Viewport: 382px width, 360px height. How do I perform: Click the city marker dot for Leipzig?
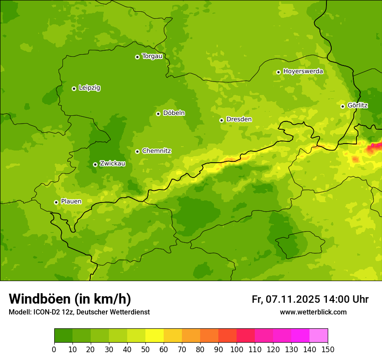[x=74, y=88]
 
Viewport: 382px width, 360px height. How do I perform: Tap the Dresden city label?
[x=239, y=119]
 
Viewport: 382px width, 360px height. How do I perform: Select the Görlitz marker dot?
[x=342, y=106]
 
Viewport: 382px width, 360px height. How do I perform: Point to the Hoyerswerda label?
[x=303, y=72]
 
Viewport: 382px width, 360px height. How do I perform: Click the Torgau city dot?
[x=137, y=57]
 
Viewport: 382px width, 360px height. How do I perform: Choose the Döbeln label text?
[x=174, y=113]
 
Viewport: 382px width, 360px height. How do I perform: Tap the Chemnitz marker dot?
[x=137, y=151]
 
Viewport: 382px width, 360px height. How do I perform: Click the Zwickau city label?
[x=112, y=164]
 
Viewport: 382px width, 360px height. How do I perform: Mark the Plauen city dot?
[x=56, y=202]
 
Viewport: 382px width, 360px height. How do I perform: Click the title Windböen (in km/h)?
[x=70, y=299]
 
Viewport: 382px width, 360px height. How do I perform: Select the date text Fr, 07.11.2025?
[x=286, y=299]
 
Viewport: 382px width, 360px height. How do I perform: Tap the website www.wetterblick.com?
[x=313, y=312]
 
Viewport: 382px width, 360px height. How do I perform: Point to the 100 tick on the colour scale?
[x=237, y=350]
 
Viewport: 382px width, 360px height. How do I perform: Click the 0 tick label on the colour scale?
[x=54, y=350]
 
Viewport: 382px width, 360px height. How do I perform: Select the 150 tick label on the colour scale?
[x=328, y=350]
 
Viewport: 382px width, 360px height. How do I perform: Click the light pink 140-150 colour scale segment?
[x=319, y=336]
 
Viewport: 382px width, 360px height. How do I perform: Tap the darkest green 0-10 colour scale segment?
[x=63, y=336]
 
